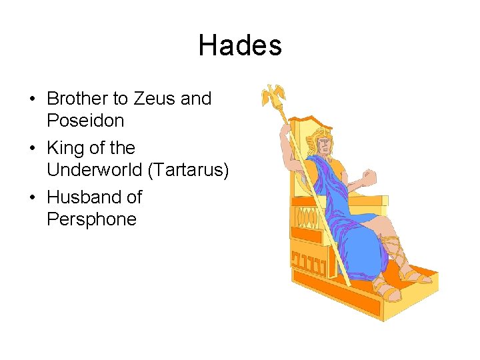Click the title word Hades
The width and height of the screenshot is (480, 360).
click(240, 46)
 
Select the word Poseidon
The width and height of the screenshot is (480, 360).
click(85, 121)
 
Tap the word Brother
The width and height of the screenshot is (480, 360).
click(78, 99)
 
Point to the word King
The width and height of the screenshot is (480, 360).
click(65, 148)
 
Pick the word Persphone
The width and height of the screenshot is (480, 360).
click(91, 219)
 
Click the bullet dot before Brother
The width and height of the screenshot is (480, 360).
click(32, 99)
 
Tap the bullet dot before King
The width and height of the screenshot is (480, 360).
click(32, 149)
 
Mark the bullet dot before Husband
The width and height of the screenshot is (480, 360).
click(32, 198)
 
